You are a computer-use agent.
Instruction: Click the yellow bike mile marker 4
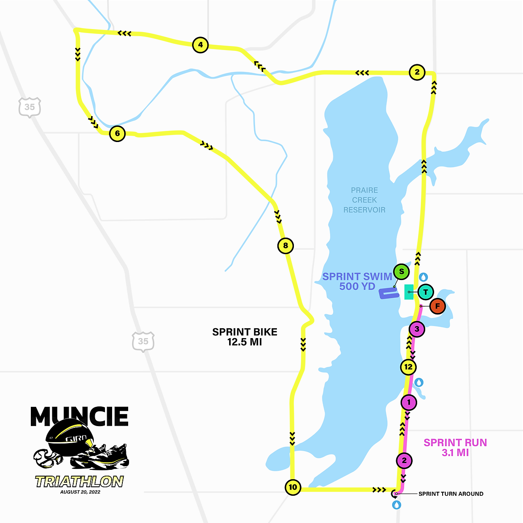pyautogui.click(x=200, y=45)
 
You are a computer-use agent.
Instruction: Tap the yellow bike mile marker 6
pyautogui.click(x=117, y=133)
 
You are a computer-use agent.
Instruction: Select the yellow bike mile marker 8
pyautogui.click(x=285, y=246)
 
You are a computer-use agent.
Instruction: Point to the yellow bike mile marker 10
pyautogui.click(x=293, y=487)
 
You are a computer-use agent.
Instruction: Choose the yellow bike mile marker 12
pyautogui.click(x=408, y=367)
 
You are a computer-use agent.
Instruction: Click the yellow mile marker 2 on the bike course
pyautogui.click(x=417, y=72)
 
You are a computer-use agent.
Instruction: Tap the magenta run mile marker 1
pyautogui.click(x=409, y=402)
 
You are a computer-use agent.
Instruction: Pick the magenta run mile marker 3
pyautogui.click(x=417, y=329)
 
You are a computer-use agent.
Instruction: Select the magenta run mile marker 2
pyautogui.click(x=404, y=460)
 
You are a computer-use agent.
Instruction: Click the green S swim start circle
pyautogui.click(x=402, y=272)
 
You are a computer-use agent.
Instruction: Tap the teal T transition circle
pyautogui.click(x=426, y=292)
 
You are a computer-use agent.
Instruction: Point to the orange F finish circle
pyautogui.click(x=438, y=306)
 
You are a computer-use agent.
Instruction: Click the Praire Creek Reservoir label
pyautogui.click(x=364, y=200)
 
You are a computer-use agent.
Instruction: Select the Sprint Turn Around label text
pyautogui.click(x=451, y=494)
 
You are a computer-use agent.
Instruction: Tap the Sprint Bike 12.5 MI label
pyautogui.click(x=245, y=337)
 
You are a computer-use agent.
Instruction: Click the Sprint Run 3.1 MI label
pyautogui.click(x=455, y=448)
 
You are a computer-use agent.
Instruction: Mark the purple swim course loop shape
pyautogui.click(x=388, y=293)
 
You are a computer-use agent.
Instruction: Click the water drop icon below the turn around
pyautogui.click(x=396, y=505)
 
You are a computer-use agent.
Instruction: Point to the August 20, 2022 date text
pyautogui.click(x=80, y=492)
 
